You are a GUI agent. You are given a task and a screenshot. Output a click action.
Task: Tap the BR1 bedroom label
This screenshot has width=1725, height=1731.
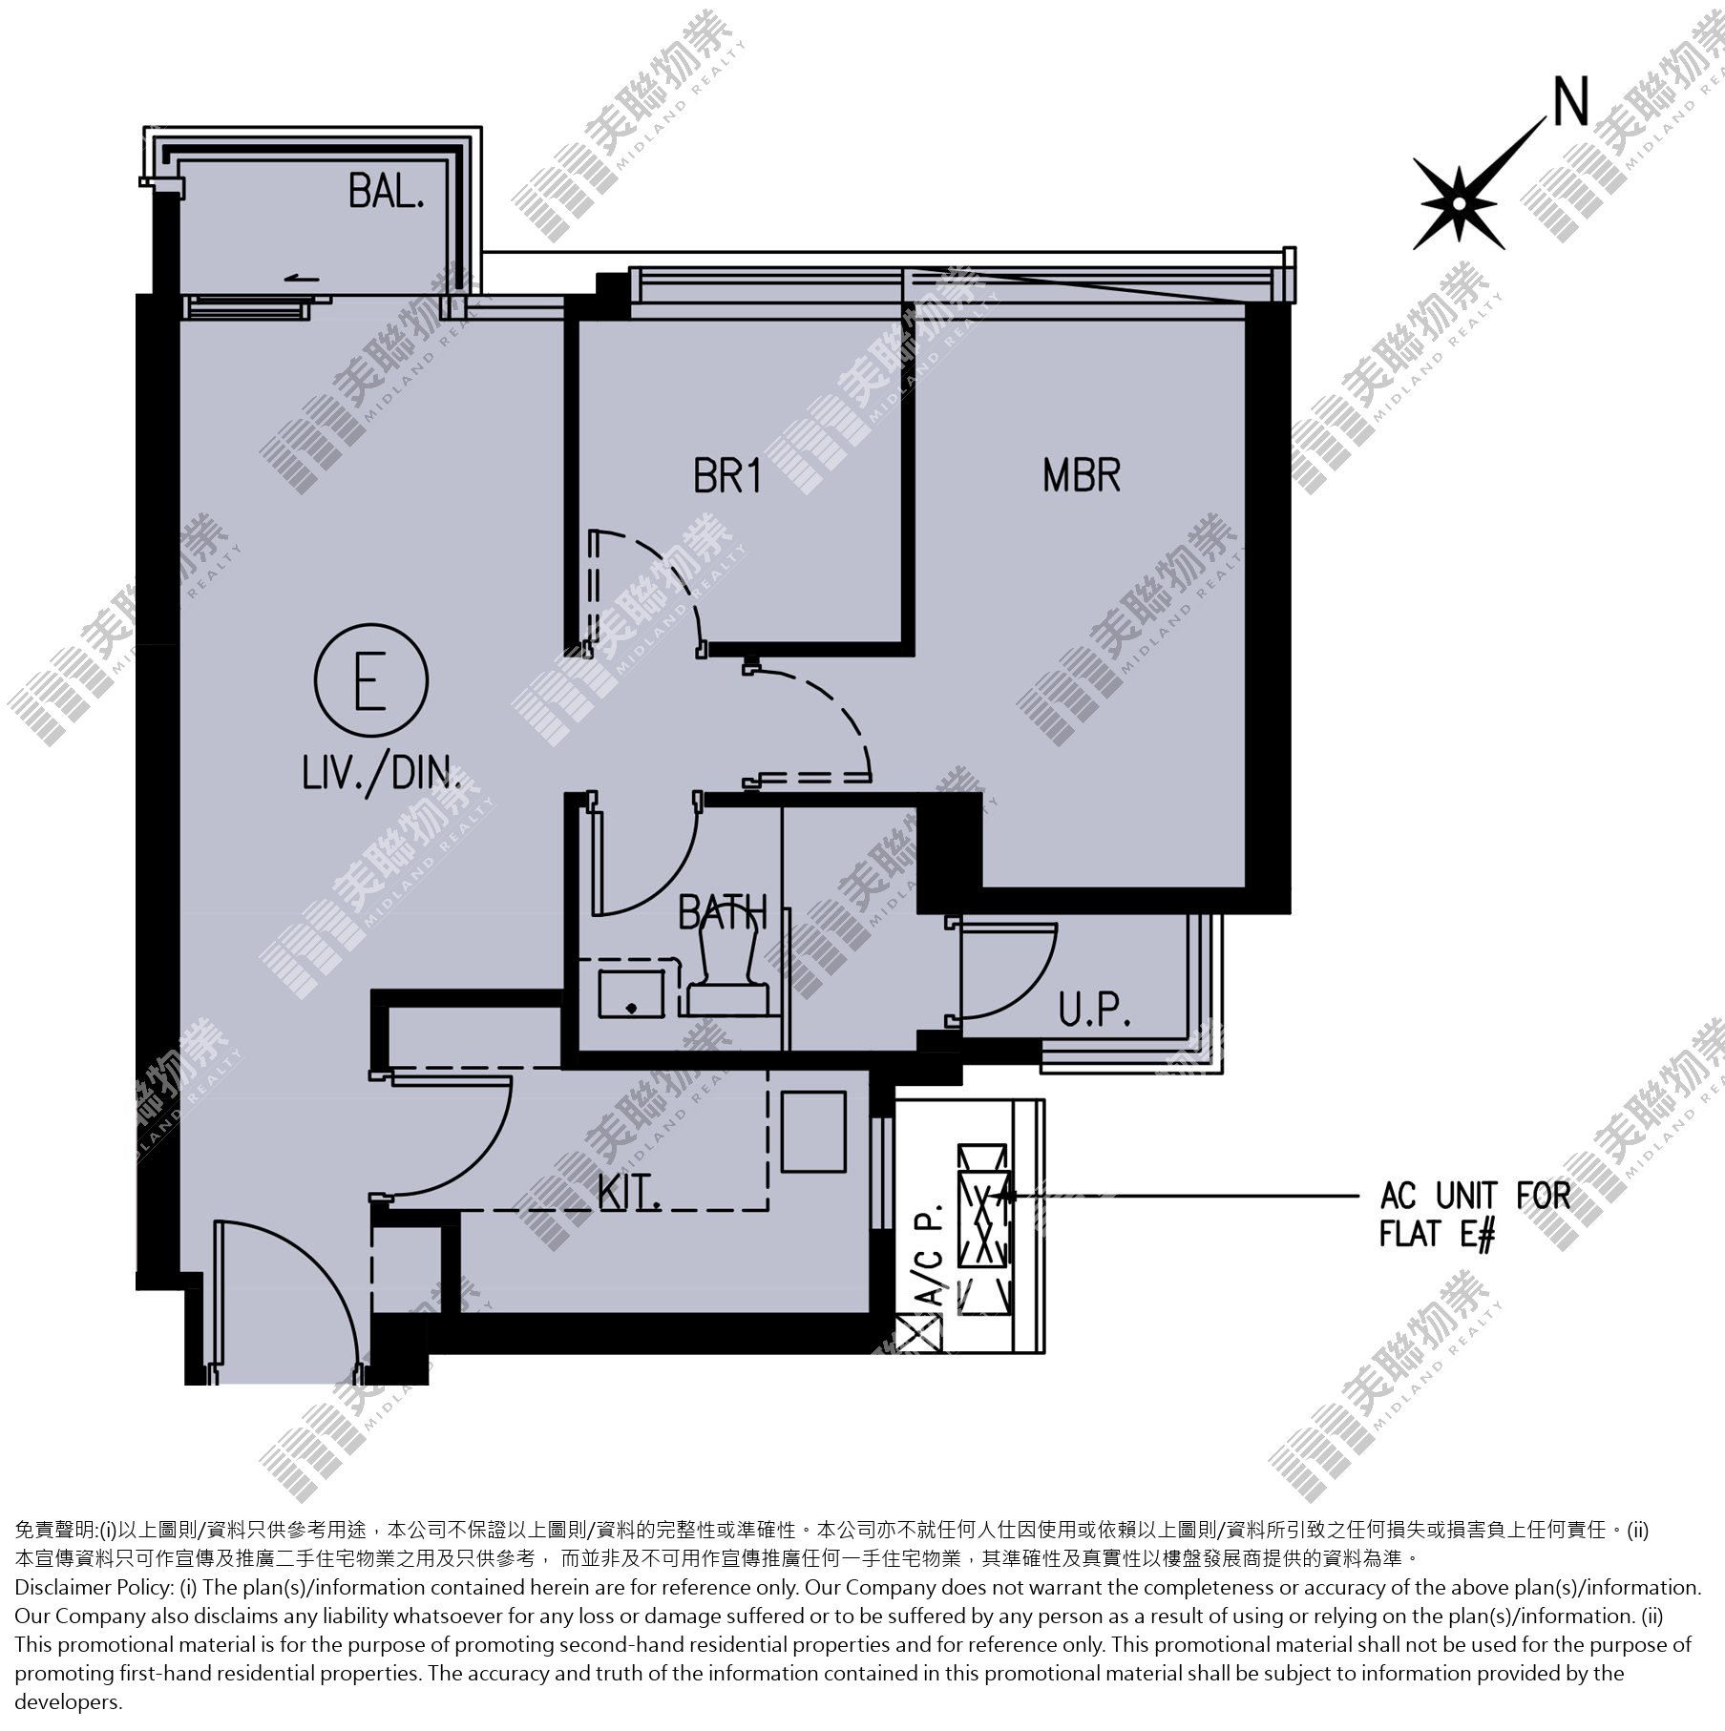pyautogui.click(x=728, y=475)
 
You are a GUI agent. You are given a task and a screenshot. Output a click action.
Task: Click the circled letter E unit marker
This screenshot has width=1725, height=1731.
pyautogui.click(x=370, y=680)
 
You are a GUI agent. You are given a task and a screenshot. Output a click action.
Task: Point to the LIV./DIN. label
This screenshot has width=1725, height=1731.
pyautogui.click(x=382, y=773)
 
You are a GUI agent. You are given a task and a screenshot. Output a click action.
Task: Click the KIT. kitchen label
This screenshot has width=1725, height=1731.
pyautogui.click(x=630, y=1193)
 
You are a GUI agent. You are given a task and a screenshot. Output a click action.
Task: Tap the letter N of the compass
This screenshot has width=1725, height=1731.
pyautogui.click(x=1571, y=102)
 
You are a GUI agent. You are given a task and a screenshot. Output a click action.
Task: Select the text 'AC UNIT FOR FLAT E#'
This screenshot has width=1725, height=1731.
pyautogui.click(x=1475, y=1214)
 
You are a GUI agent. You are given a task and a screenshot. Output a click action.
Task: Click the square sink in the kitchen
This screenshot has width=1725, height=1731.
pyautogui.click(x=814, y=1132)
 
